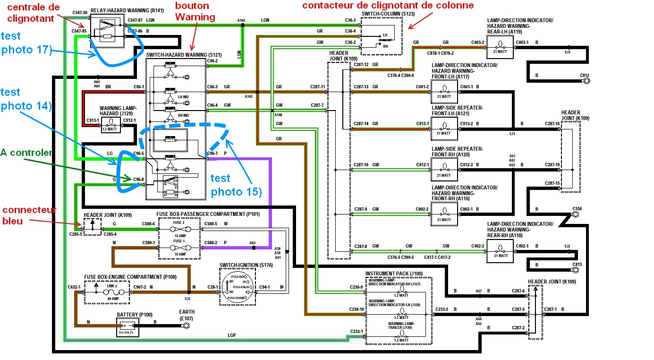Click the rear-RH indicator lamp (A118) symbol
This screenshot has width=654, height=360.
tap(500, 247)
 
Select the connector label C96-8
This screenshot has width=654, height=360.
tap(138, 180)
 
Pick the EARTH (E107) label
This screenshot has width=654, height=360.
tap(187, 315)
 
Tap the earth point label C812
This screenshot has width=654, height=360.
tap(585, 75)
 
